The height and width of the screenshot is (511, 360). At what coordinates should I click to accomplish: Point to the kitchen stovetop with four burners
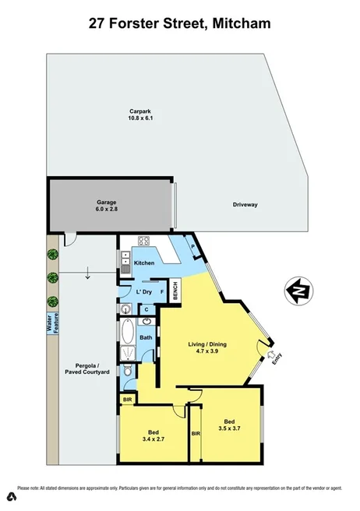pyautogui.click(x=144, y=241)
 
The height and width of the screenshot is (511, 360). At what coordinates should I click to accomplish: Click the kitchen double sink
pyautogui.click(x=125, y=262)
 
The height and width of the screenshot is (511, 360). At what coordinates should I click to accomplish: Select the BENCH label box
pyautogui.click(x=175, y=291)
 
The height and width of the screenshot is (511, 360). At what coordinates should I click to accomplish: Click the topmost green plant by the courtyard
pyautogui.click(x=53, y=253)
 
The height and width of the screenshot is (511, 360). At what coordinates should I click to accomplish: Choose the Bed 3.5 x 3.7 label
pyautogui.click(x=227, y=424)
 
